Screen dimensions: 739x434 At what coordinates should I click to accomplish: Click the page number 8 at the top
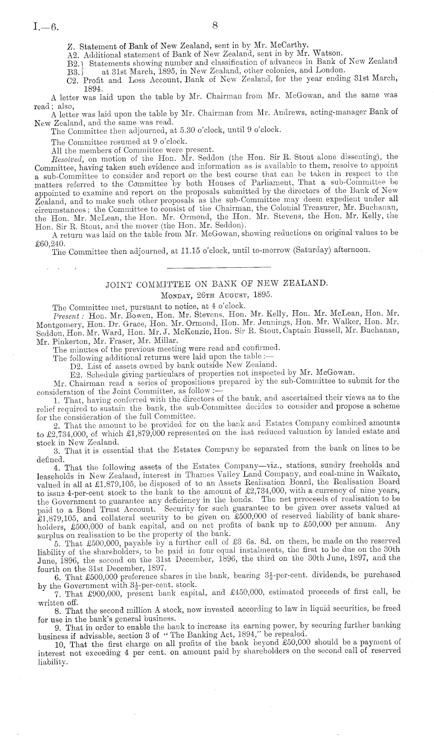click(x=215, y=26)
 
